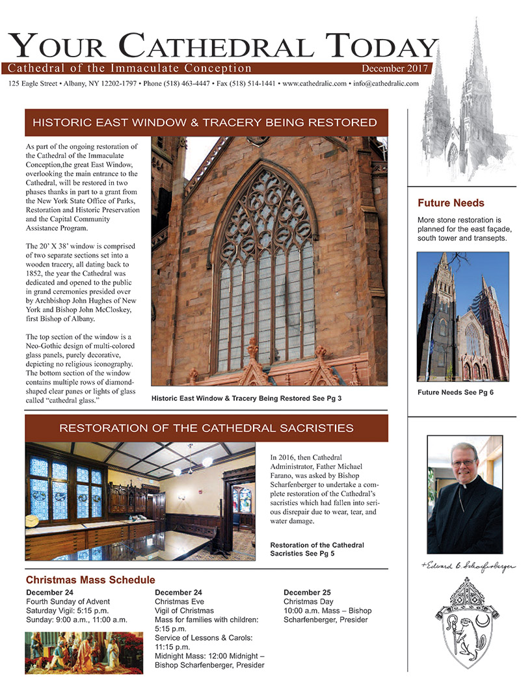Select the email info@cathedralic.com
pos(385,84)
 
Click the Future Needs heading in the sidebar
pos(451,203)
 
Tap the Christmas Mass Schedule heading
pos(90,580)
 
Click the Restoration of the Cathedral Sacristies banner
pos(206,428)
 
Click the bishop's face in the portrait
pos(464,469)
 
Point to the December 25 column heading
pos(307,593)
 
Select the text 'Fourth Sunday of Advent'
pos(68,602)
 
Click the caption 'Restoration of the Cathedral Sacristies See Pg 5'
pos(317,548)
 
